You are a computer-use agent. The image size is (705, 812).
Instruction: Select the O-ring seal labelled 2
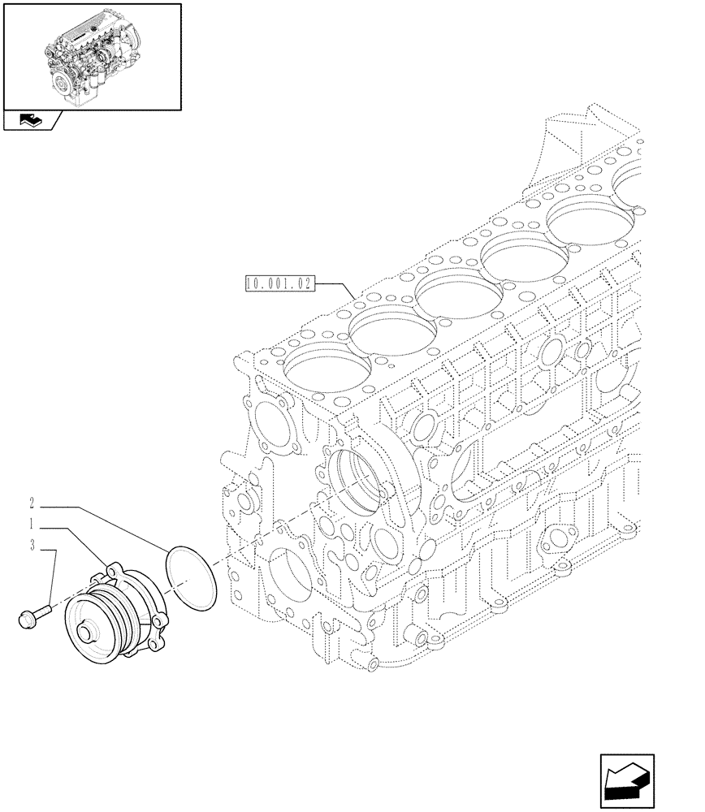192,577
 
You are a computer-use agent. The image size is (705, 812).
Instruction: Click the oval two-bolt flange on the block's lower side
561,537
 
